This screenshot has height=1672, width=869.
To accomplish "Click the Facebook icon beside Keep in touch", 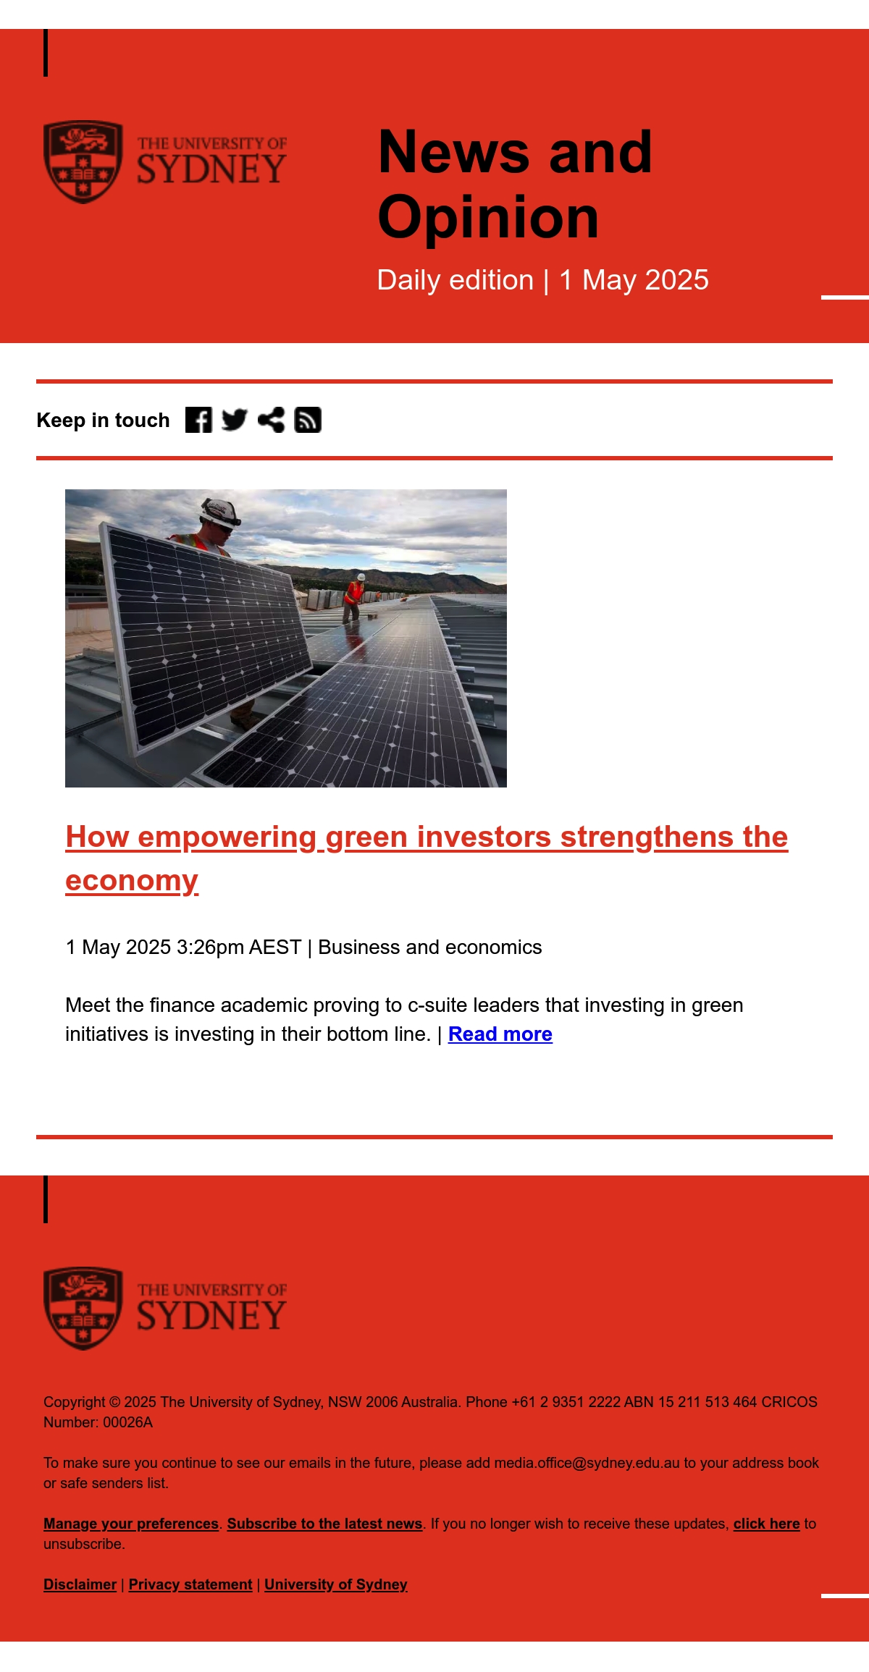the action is (198, 420).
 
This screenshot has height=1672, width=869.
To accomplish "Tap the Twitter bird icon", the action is (235, 420).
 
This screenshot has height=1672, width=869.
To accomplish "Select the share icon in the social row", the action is (271, 420).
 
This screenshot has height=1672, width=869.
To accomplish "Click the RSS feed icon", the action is (308, 420).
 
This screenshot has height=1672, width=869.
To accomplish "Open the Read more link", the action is (500, 1034).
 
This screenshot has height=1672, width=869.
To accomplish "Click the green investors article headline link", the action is (427, 858).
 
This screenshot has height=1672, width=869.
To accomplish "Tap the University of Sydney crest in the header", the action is (83, 161).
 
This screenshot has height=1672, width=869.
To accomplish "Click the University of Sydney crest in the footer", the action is (83, 1308).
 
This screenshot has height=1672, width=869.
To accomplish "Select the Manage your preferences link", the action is (131, 1524).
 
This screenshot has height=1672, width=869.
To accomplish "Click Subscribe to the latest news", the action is (324, 1524).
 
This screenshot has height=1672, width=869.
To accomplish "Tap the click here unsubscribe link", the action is (766, 1524).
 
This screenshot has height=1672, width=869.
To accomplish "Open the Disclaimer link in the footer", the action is (80, 1584).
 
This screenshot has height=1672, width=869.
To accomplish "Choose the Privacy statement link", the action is (190, 1584).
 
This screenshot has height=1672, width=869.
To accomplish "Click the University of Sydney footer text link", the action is (336, 1584).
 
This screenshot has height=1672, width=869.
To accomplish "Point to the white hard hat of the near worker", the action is (221, 511).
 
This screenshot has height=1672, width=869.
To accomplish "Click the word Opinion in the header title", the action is (489, 217).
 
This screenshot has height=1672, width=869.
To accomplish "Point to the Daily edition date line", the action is (543, 280).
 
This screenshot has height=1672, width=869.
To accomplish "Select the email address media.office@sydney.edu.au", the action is (587, 1463).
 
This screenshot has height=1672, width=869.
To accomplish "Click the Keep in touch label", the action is (103, 420).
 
